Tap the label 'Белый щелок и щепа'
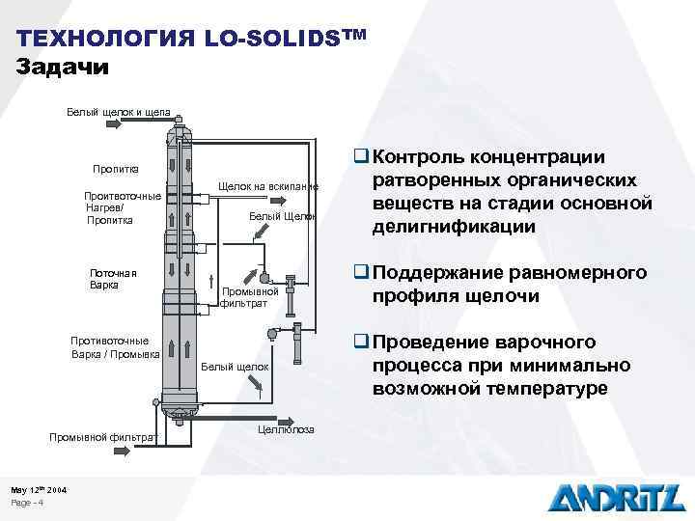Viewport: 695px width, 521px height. [118, 113]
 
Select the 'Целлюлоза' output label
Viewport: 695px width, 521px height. [287, 430]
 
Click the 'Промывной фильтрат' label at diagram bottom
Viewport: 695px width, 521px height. [102, 437]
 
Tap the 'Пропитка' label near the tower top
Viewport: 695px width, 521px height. [116, 170]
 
